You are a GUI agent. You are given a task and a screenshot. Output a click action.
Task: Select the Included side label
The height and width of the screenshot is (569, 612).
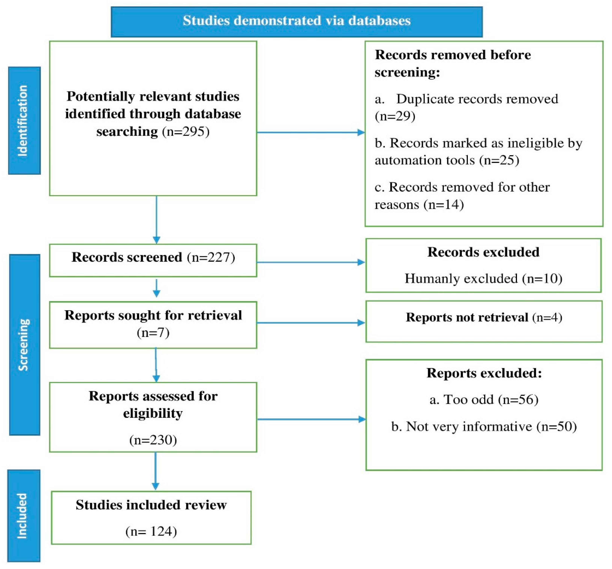(23, 516)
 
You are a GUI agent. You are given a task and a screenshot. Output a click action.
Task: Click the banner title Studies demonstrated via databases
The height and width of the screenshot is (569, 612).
(297, 21)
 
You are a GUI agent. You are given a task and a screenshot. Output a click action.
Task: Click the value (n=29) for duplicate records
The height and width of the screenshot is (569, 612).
(395, 116)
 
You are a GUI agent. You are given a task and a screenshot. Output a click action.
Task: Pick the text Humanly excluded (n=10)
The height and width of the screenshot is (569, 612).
(483, 278)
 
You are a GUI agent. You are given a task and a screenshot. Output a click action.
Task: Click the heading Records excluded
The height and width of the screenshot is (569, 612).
(483, 252)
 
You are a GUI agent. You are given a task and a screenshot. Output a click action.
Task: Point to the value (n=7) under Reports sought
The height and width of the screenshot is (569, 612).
(153, 332)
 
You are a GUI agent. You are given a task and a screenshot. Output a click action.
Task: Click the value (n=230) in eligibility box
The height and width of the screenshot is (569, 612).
(153, 440)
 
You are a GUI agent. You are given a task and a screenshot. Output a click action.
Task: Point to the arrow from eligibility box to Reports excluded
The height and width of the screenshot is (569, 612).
(311, 419)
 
